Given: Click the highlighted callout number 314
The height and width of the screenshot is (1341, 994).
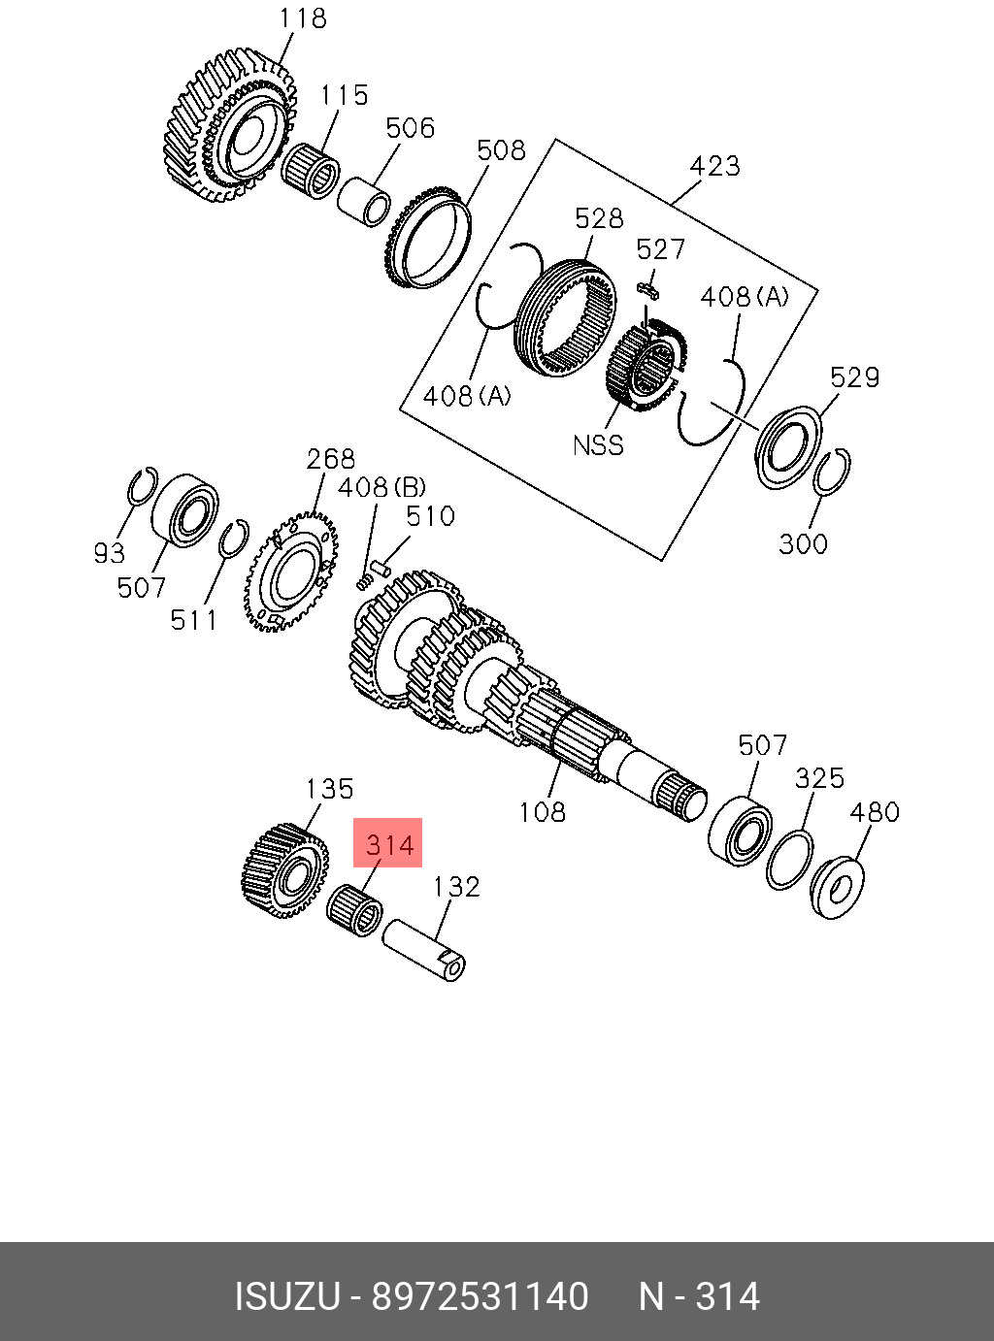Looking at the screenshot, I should [x=389, y=844].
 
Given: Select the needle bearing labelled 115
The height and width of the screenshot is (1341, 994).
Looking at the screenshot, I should [x=311, y=171].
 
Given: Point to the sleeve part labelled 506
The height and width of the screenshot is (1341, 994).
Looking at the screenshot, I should [x=363, y=200].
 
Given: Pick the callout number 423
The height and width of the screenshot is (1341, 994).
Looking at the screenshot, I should [x=714, y=167].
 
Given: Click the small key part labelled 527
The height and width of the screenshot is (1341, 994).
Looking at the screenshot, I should [x=648, y=287].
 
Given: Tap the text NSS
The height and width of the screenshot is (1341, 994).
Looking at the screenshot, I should [x=598, y=445].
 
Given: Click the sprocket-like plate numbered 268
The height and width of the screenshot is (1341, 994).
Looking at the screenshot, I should [x=290, y=572].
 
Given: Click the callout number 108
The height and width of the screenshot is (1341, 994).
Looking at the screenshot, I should [x=542, y=811].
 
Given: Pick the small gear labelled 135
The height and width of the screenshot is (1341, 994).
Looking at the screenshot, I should [x=282, y=870].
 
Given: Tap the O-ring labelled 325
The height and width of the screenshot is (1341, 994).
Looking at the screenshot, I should [x=790, y=859].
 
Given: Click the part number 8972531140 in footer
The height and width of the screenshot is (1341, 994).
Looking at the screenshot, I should [x=480, y=1296].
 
